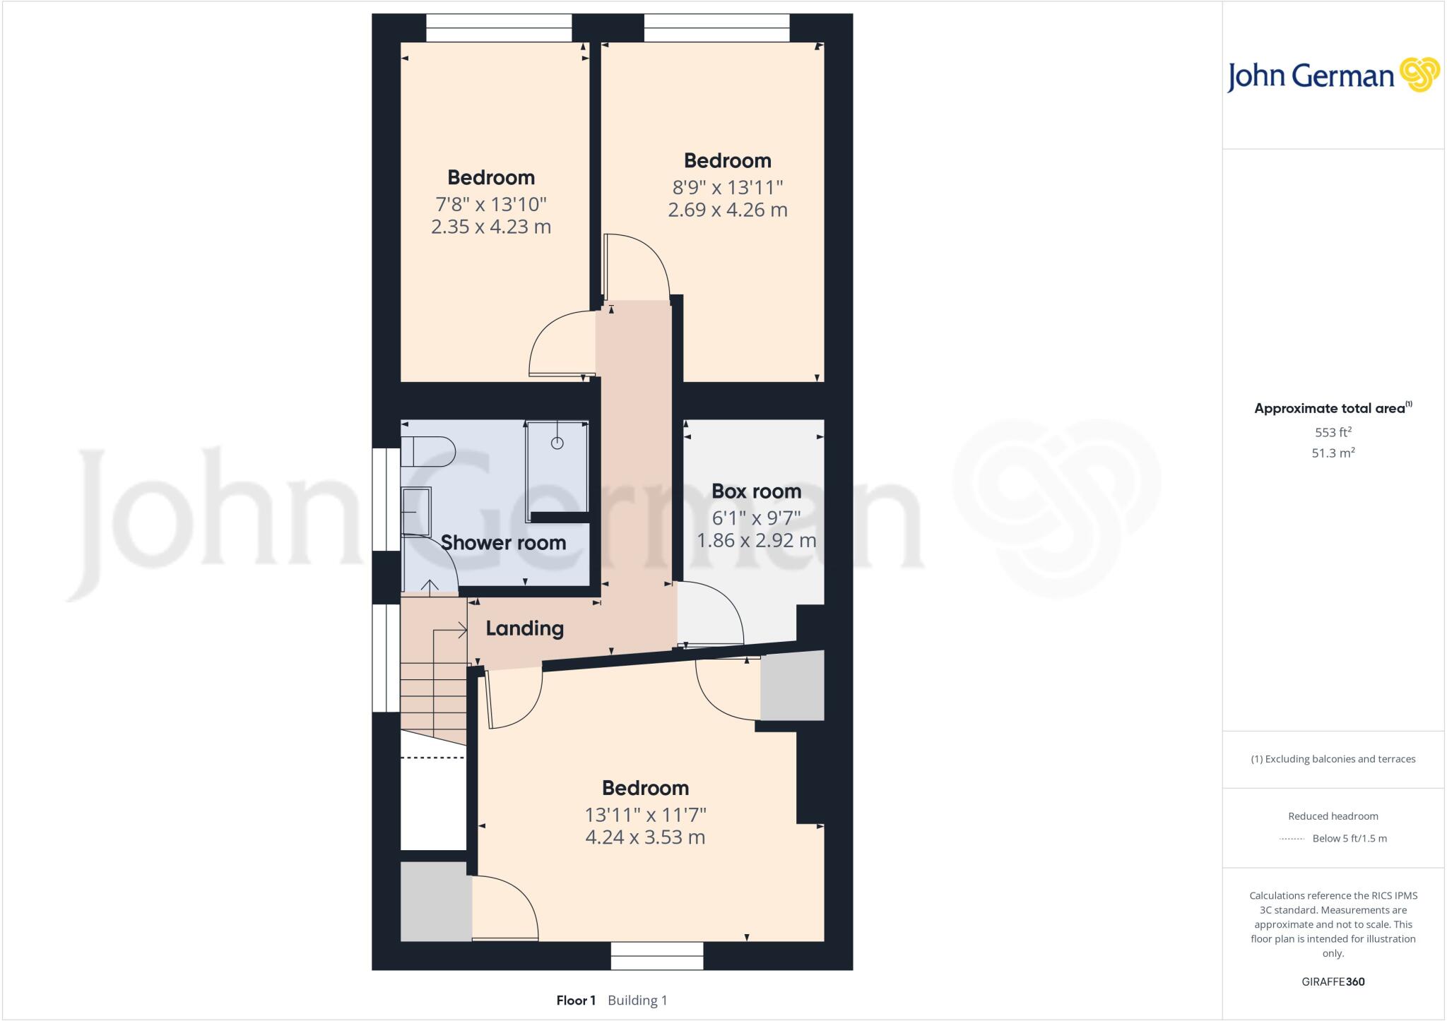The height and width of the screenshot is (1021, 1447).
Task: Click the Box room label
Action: pos(755,491)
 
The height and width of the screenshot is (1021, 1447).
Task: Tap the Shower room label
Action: pos(503,542)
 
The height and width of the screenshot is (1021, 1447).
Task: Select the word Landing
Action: pos(524,628)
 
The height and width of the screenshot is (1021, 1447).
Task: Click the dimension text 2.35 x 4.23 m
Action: pos(490,227)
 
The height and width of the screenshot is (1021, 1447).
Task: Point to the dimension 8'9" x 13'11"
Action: pos(727,187)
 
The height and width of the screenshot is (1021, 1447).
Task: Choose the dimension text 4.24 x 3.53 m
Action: pos(645,837)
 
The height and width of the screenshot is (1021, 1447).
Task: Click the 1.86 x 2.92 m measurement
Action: pos(756,540)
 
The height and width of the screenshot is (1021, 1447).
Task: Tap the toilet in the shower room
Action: pos(427,451)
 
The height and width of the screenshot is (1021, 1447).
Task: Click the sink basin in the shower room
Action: pos(415,508)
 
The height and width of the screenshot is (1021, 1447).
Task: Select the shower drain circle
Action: pos(557,443)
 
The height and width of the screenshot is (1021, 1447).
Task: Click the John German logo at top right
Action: pos(1333,76)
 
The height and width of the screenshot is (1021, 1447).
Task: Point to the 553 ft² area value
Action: pos(1333,432)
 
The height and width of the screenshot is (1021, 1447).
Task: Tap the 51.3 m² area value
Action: pos(1333,453)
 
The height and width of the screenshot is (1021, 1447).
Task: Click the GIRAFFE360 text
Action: pos(1333,981)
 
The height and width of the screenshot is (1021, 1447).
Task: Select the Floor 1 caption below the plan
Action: pos(576,1000)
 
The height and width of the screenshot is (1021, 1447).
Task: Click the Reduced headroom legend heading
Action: pos(1333,816)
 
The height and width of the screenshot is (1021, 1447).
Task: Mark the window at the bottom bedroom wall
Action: pos(657,956)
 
